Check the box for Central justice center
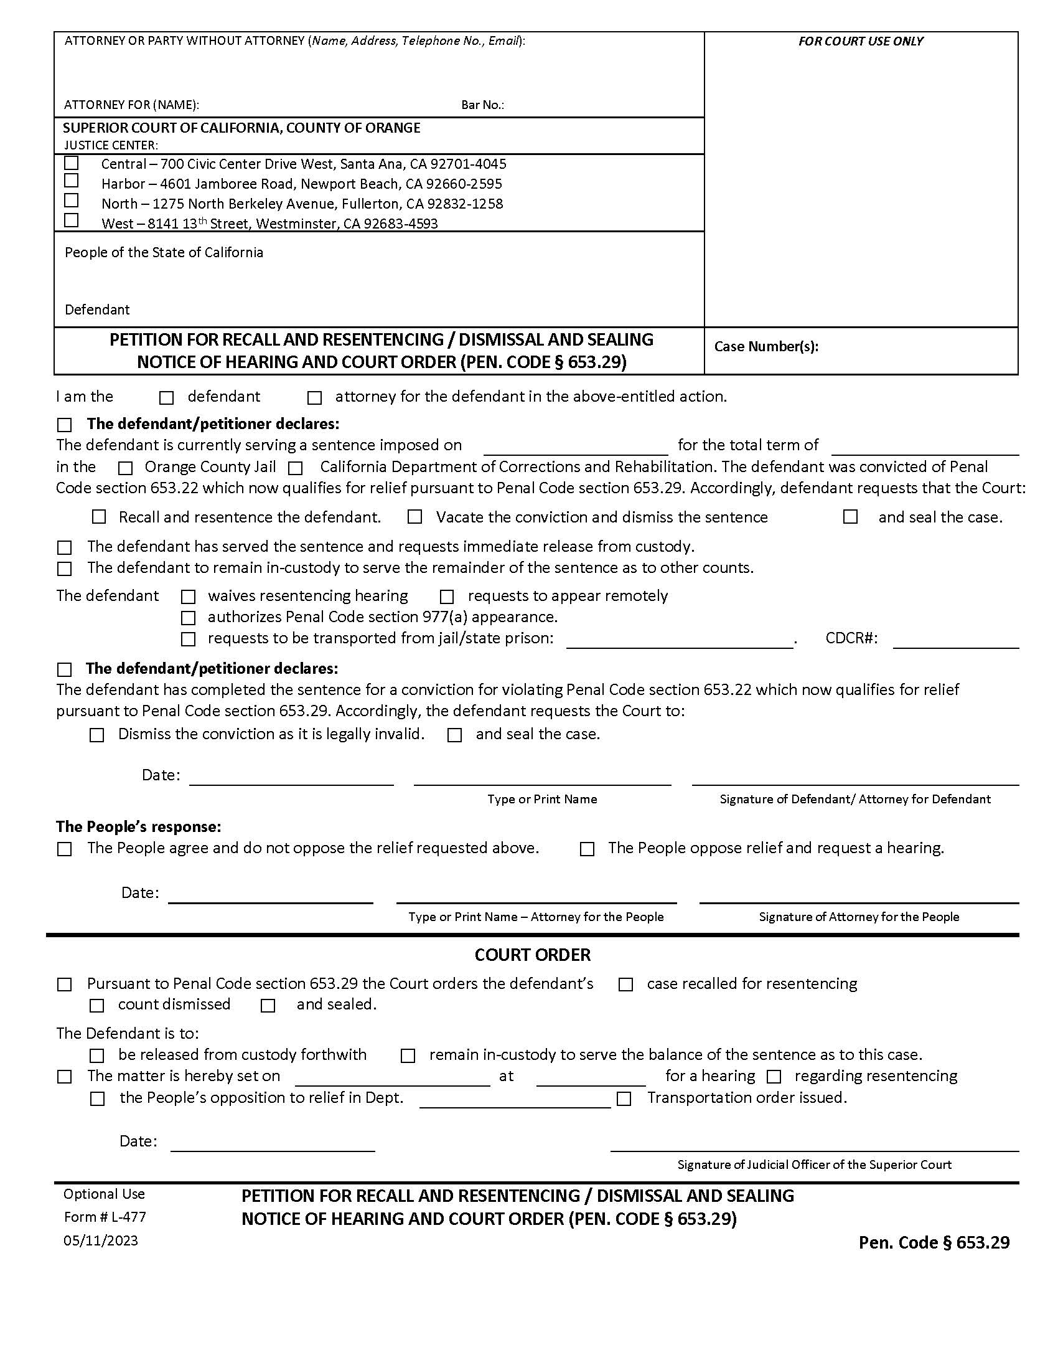[x=72, y=163]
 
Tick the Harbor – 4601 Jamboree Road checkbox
[x=72, y=181]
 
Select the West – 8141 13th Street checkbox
[x=72, y=220]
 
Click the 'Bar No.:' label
[x=482, y=105]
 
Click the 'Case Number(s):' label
[x=766, y=346]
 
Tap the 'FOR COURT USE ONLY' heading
[x=860, y=41]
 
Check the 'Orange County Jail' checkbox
[x=126, y=468]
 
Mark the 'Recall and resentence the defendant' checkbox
[x=99, y=517]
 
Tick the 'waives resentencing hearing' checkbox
[x=188, y=597]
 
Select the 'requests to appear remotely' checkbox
[x=447, y=597]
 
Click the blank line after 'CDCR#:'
[x=955, y=641]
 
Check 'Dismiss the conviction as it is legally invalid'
[x=96, y=735]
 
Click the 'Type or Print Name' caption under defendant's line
[x=542, y=799]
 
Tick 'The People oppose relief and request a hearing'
[x=588, y=849]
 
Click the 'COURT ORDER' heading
[x=532, y=955]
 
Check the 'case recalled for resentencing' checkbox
[x=625, y=985]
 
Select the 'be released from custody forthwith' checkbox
[x=96, y=1056]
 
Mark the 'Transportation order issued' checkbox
[x=624, y=1099]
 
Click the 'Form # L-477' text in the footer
[x=105, y=1217]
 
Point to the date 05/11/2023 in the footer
[x=101, y=1240]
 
